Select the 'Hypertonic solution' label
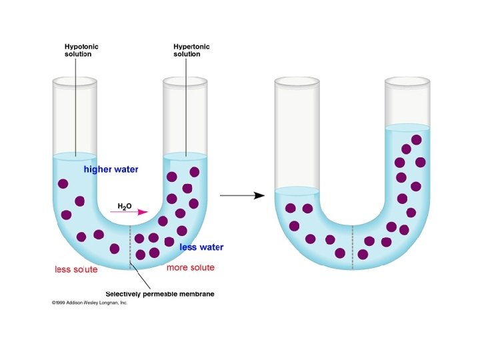pos(192,50)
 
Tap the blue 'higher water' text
pos(111,169)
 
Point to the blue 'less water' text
pos(201,247)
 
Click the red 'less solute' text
pos(76,269)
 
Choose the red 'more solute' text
pos(191,267)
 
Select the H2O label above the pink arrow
pos(125,207)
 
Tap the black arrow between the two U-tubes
pos(242,195)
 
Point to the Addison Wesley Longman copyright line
pos(89,303)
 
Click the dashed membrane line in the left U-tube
pos(130,247)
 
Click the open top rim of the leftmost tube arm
pos(75,82)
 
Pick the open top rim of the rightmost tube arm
pos(407,82)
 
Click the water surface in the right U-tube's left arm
pos(297,190)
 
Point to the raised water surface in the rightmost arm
pos(407,127)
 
